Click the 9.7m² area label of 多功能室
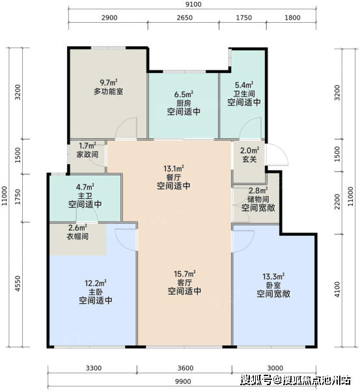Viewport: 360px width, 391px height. click(109, 82)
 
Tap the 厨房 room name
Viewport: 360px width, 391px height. click(184, 103)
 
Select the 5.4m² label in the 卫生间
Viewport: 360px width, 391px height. click(244, 85)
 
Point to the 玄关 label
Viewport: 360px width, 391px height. click(249, 159)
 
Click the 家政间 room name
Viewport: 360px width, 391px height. click(87, 154)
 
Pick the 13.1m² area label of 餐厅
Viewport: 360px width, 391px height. click(174, 169)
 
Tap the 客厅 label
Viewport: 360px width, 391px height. click(185, 283)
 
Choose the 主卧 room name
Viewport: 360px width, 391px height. click(96, 292)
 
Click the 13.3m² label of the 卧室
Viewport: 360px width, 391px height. click(273, 276)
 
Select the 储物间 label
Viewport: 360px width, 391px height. click(258, 199)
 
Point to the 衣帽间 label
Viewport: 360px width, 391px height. click(77, 236)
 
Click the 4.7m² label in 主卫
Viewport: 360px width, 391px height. click(85, 187)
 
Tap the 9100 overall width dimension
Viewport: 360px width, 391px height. click(193, 5)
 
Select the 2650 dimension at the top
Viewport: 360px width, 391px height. click(185, 18)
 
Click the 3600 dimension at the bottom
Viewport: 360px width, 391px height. click(186, 368)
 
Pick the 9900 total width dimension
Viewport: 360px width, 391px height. click(183, 381)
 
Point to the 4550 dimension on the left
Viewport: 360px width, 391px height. click(18, 283)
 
